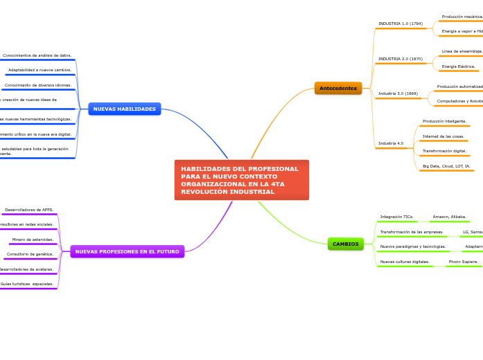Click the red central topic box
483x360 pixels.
(241, 180)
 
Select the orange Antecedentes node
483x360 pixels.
(338, 89)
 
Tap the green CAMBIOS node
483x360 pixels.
(346, 244)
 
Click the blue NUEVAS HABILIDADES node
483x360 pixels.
(125, 109)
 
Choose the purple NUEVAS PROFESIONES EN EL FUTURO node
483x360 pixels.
(127, 252)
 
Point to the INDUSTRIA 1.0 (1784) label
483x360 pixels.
(401, 24)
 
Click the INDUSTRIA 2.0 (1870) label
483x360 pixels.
(401, 59)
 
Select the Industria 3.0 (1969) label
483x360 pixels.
(398, 93)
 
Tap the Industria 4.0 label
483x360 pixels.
(391, 143)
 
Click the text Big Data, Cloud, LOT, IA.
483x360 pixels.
(446, 166)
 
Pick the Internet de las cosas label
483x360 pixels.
(444, 136)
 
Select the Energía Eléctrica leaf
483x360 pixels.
(459, 66)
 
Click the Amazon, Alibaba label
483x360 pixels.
(450, 217)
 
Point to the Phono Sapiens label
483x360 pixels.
(464, 262)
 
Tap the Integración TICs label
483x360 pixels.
(396, 217)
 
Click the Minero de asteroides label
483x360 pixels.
(33, 240)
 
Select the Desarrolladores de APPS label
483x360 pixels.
(29, 210)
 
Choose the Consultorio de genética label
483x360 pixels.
(30, 254)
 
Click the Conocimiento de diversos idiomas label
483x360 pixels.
(38, 85)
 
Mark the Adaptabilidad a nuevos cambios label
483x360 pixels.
(39, 70)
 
